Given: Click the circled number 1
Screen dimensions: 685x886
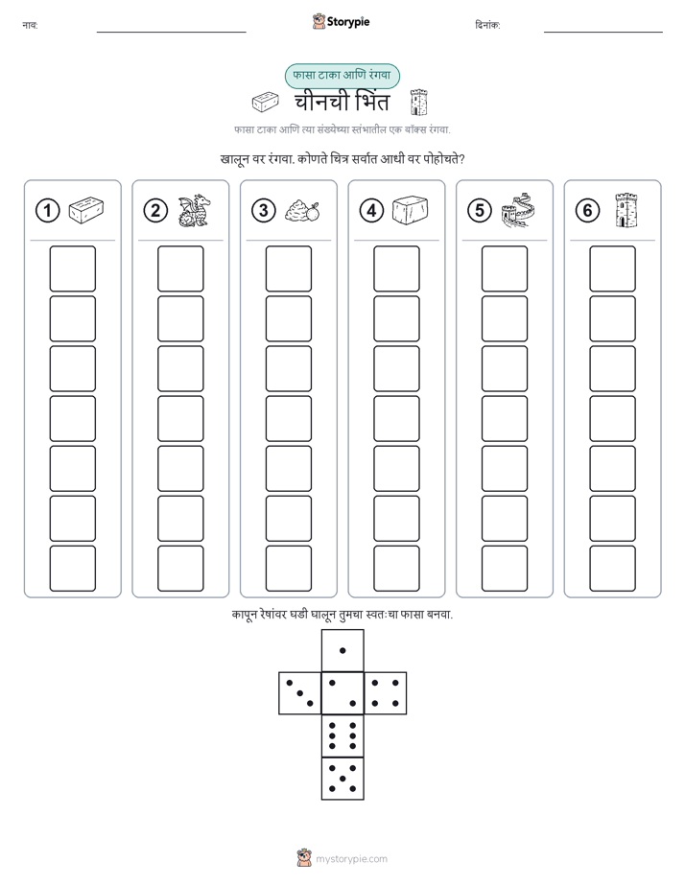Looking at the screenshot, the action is pos(47,211).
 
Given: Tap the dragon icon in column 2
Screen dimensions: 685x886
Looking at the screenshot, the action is pos(194,211).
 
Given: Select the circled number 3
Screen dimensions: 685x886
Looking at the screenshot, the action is pos(264,211).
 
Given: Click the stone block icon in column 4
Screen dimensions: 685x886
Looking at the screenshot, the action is pos(411,210).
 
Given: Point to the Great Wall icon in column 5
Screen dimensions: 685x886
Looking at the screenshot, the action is pos(518,210).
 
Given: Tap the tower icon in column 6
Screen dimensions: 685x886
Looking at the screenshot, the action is pos(626,210).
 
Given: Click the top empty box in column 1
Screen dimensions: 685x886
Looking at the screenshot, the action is pos(72,268).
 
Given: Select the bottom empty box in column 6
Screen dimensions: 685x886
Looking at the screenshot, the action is pos(612,569).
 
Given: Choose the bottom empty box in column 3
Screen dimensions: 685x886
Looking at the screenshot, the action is pos(288,569).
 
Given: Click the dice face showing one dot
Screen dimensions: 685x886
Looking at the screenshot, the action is pos(342,650).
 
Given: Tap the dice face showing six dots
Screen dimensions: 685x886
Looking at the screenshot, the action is pos(342,735).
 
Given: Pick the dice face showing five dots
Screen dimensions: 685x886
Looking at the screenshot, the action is pos(342,778).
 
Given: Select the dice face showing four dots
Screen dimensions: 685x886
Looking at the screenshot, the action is pos(386,693).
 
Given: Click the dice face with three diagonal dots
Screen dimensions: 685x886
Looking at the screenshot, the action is pos(300,693).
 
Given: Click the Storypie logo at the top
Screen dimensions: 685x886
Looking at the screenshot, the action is pos(341,22).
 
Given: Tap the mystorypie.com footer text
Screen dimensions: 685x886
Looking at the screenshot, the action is pos(351,859).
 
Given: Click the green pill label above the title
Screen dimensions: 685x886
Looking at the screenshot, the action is pos(342,76).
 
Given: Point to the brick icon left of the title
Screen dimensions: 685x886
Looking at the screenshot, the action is pos(265,103).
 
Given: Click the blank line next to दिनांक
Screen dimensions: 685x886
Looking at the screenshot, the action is pos(603,33).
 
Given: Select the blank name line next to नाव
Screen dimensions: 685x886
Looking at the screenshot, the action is pos(171,33).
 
